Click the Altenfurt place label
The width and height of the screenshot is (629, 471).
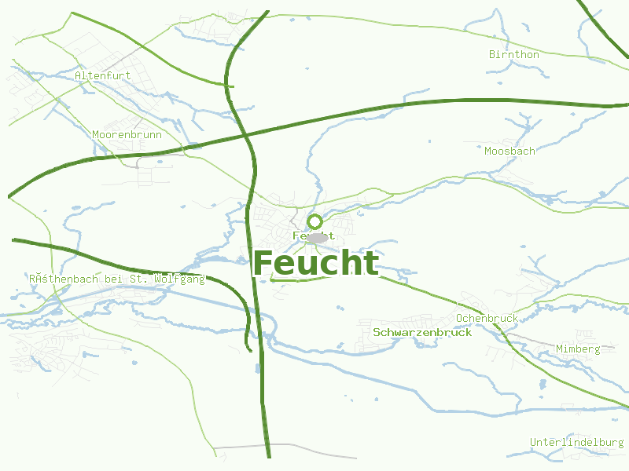[102, 75]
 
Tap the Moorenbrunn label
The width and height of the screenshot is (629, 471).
[127, 134]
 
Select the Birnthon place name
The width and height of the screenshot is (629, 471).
[514, 55]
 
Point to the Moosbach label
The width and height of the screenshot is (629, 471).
[509, 151]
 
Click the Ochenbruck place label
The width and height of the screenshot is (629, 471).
[487, 318]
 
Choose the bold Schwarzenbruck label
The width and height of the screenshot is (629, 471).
[422, 333]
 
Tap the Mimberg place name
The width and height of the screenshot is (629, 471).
[578, 349]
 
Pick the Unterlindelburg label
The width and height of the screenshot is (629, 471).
[576, 442]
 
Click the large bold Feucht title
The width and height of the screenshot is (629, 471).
[316, 264]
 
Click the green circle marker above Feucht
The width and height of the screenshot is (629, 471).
[315, 221]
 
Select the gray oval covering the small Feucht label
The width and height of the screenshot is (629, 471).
[317, 237]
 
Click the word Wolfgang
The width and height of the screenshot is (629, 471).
[179, 279]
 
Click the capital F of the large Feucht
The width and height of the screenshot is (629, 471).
[263, 264]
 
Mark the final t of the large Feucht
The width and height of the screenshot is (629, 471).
[370, 264]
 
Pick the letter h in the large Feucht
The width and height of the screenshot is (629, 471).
[348, 264]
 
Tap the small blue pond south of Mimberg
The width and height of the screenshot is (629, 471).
[542, 385]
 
